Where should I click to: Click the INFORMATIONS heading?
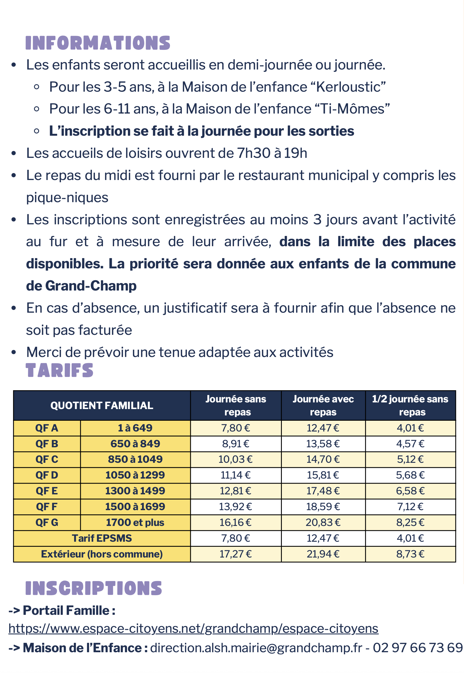coord(98,43)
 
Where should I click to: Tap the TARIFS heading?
coord(59,371)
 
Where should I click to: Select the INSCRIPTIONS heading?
coord(94,588)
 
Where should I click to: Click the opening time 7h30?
coord(254,153)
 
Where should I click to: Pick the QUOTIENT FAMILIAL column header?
coord(102,406)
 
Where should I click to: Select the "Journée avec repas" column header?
coord(323,406)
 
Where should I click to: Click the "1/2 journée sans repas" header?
coord(410,406)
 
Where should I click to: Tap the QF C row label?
coord(47,459)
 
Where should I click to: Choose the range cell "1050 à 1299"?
coord(135,475)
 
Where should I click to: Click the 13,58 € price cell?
coord(323,444)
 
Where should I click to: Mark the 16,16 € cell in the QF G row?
coord(236,523)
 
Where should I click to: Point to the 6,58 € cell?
coord(410,491)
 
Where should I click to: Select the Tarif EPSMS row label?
coord(102,538)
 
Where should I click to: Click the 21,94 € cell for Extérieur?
coord(323,554)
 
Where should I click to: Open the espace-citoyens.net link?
coord(193,629)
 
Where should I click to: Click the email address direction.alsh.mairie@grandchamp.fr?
coord(256,648)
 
